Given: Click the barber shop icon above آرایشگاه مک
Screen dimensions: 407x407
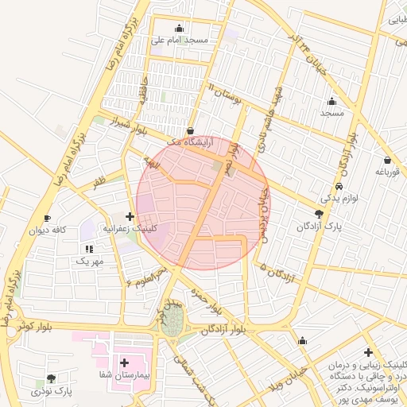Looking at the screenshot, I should (190, 130).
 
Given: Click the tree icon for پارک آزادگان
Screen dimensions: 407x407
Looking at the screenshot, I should (319, 213).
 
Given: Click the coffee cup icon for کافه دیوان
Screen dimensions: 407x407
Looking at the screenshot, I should (47, 218).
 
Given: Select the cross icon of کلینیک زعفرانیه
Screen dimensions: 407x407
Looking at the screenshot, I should (130, 215).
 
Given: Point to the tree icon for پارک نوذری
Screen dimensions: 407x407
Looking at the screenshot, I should (52, 379).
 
